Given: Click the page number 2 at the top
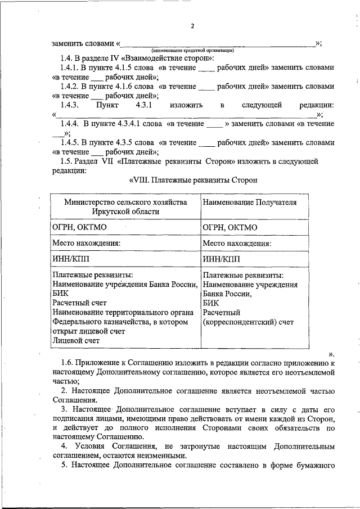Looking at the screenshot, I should pyautogui.click(x=192, y=26).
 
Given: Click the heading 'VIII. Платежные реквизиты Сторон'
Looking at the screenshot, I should pyautogui.click(x=193, y=180).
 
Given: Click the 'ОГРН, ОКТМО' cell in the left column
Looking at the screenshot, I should pyautogui.click(x=79, y=227).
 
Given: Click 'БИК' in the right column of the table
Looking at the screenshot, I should pyautogui.click(x=211, y=303).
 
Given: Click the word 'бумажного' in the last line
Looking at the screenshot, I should pyautogui.click(x=316, y=466).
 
